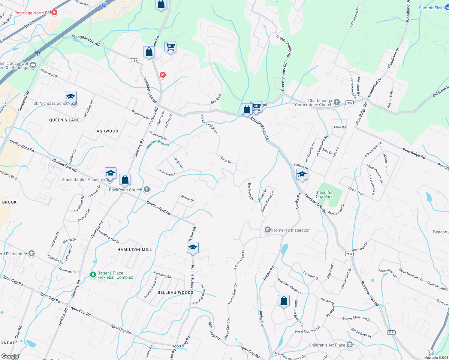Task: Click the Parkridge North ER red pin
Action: coord(54,13)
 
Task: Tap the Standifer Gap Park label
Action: coord(324,194)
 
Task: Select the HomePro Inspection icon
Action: coord(267,230)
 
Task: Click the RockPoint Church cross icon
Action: coord(147,190)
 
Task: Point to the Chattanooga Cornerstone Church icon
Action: coord(337,103)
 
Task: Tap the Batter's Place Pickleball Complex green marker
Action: coord(93,275)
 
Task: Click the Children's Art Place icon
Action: coord(350,345)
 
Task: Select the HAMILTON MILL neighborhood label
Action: coord(134,250)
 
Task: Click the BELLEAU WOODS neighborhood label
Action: coord(176,292)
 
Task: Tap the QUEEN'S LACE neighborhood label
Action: coord(64,120)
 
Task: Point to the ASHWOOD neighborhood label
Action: coord(107,131)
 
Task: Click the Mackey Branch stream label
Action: coord(157,144)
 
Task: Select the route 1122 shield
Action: coord(349,103)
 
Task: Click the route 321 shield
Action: coord(431,352)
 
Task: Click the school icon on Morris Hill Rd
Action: coord(193,248)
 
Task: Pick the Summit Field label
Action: coord(431,8)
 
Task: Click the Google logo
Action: coord(10,356)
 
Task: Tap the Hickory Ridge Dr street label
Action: coord(209,124)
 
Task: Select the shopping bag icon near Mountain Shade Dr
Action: coord(284,300)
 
